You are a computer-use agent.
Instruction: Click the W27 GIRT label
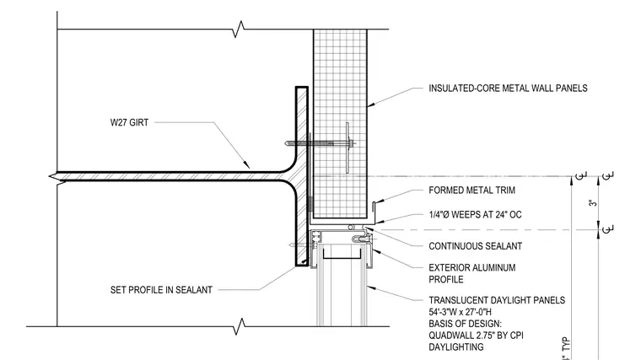129,122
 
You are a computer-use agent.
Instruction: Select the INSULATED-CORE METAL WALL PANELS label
508,89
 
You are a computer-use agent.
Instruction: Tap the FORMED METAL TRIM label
471,191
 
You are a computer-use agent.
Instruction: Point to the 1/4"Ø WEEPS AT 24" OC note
475,214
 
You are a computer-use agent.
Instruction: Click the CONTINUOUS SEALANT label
476,246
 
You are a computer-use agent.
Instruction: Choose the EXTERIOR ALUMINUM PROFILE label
472,273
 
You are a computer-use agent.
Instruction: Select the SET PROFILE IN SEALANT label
161,290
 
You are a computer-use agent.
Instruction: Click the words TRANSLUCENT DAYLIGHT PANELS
497,300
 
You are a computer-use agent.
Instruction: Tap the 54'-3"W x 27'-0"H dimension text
460,312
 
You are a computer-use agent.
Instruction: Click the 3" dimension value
593,203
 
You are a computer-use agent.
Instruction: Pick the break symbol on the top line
239,29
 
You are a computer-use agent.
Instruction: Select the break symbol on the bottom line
240,326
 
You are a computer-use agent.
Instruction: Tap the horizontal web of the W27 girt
172,176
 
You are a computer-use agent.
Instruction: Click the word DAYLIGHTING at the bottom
455,347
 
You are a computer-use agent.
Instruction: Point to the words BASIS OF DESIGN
465,324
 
